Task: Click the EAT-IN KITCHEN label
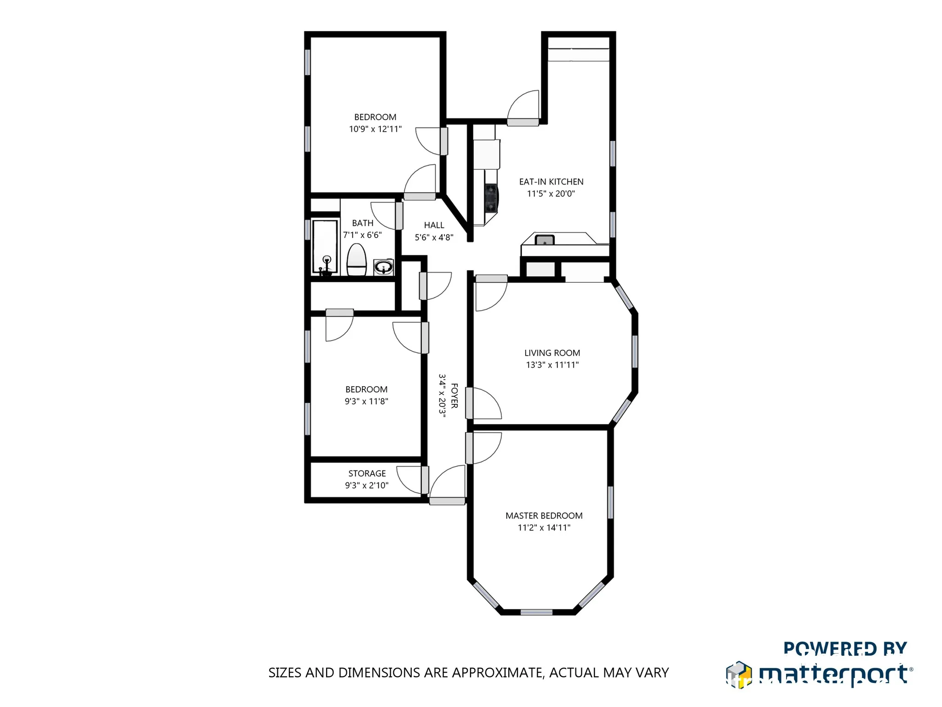(x=551, y=182)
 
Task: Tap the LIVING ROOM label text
(x=552, y=353)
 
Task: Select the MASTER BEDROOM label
(x=544, y=516)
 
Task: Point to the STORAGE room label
(x=367, y=473)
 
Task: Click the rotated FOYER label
(x=454, y=396)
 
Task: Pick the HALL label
(x=434, y=225)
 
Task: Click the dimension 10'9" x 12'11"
(x=375, y=129)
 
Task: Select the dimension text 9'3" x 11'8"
(x=367, y=401)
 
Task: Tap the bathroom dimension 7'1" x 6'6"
(x=362, y=235)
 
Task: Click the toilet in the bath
(x=356, y=260)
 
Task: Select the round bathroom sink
(x=383, y=267)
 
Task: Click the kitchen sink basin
(x=545, y=240)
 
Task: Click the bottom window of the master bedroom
(x=536, y=612)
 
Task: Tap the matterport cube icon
(x=739, y=675)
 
